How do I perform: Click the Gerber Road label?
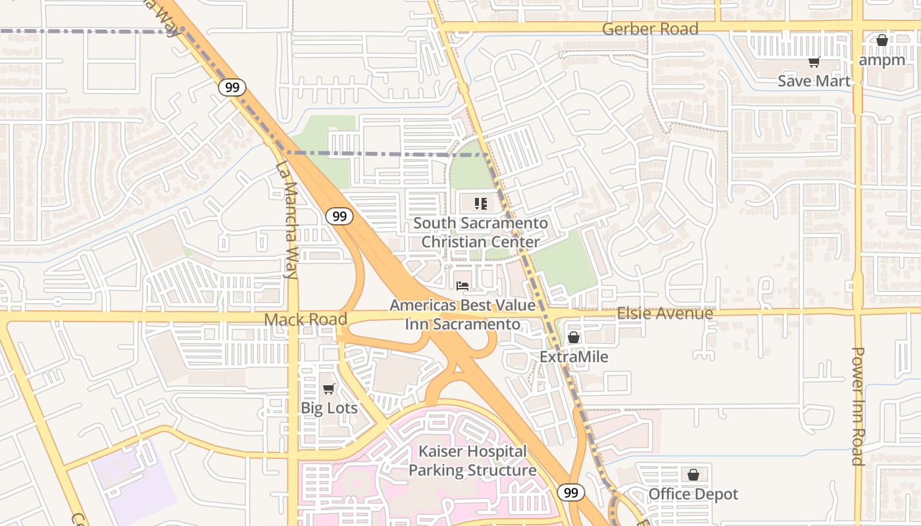click(x=650, y=29)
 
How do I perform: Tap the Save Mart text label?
click(x=814, y=81)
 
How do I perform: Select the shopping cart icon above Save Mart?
click(x=814, y=62)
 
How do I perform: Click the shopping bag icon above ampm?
click(x=882, y=40)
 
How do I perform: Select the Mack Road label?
click(x=305, y=320)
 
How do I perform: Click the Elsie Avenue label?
click(x=664, y=313)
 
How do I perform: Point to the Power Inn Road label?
click(x=857, y=406)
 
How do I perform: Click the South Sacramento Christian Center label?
click(x=480, y=233)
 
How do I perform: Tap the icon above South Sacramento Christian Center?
click(x=480, y=203)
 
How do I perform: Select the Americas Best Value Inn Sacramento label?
click(x=462, y=315)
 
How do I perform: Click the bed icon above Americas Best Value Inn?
click(x=462, y=286)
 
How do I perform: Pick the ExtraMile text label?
click(x=574, y=356)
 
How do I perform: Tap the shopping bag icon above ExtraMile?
click(x=574, y=337)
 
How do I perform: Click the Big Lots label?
click(x=329, y=408)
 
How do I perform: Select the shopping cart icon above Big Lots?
click(x=329, y=389)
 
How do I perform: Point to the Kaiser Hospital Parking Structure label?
click(x=472, y=461)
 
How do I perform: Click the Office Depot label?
click(x=693, y=494)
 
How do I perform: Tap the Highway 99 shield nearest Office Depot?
click(x=570, y=492)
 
